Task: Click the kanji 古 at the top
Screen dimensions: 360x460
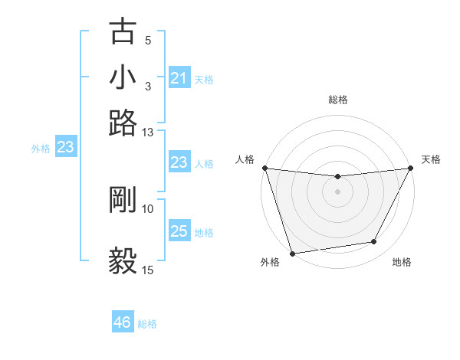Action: [x=123, y=33]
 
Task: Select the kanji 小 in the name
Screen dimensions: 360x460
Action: [x=123, y=77]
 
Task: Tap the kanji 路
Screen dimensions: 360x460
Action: [x=123, y=123]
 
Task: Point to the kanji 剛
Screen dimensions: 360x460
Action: [x=123, y=200]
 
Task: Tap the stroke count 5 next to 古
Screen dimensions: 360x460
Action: [x=148, y=41]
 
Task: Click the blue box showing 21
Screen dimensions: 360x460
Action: [x=179, y=78]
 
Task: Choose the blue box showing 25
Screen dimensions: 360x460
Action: [x=179, y=231]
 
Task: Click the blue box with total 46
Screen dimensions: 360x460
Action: [x=123, y=322]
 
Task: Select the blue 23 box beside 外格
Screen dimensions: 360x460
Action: [x=65, y=148]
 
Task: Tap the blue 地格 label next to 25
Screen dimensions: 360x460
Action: [x=204, y=232]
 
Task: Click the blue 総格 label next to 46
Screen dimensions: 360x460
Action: [x=147, y=324]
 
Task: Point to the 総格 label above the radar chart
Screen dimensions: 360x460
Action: [x=337, y=100]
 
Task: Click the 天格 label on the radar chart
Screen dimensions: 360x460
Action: [x=431, y=159]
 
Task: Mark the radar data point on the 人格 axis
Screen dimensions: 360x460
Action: [x=264, y=168]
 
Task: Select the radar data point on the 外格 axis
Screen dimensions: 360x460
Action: [x=292, y=253]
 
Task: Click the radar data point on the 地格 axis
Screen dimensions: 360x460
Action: [x=374, y=242]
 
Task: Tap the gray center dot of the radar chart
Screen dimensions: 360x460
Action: [x=337, y=191]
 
